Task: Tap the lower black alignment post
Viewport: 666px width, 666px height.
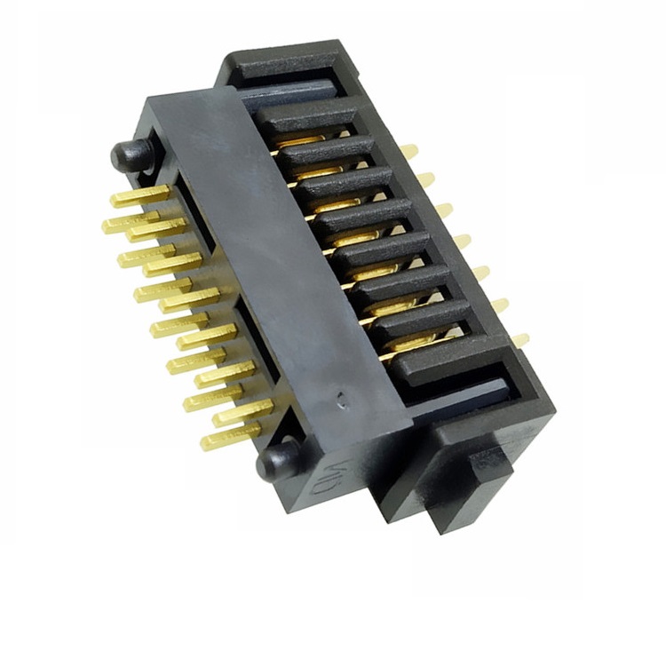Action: coord(275,459)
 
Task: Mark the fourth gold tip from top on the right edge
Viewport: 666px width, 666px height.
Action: coord(462,241)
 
